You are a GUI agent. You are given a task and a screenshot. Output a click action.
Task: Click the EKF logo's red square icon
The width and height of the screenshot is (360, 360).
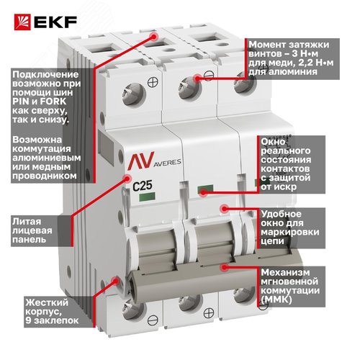22,22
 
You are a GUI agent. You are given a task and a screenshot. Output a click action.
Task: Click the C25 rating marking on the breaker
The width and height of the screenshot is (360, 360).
143,186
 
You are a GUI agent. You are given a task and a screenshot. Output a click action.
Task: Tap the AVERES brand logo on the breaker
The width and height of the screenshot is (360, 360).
154,161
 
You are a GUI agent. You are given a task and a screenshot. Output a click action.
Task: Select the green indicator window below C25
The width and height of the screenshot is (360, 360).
147,197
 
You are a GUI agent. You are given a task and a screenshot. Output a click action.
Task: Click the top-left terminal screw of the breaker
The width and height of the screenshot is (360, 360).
134,94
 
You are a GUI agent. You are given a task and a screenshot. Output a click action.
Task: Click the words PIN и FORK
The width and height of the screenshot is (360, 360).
39,102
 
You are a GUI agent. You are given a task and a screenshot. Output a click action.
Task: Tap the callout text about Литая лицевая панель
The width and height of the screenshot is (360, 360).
32,230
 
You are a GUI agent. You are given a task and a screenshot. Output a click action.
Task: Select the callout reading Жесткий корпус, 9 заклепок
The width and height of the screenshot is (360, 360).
52,311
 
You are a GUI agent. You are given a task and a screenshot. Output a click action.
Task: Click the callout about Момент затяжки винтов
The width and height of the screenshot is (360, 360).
291,58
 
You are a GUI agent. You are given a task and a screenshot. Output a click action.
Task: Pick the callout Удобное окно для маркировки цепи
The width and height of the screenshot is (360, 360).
290,228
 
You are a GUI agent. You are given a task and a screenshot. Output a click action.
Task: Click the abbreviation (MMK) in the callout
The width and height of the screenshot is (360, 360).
276,300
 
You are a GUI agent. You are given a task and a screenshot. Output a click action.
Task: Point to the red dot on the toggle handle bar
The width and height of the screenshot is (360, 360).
224,266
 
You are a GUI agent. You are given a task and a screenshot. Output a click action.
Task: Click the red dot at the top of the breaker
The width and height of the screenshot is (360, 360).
153,37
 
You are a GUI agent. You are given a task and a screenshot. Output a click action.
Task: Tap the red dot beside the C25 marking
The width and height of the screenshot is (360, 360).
127,178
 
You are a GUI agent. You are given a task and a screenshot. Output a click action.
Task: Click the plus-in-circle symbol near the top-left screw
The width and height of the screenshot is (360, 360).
153,82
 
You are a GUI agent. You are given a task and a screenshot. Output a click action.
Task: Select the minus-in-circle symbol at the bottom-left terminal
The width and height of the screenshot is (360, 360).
153,320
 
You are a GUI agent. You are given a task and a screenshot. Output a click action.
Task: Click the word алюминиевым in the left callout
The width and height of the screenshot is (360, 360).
47,158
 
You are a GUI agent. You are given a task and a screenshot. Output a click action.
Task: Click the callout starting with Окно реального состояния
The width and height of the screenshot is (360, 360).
286,164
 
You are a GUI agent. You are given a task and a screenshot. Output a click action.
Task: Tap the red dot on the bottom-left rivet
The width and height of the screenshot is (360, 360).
116,280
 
